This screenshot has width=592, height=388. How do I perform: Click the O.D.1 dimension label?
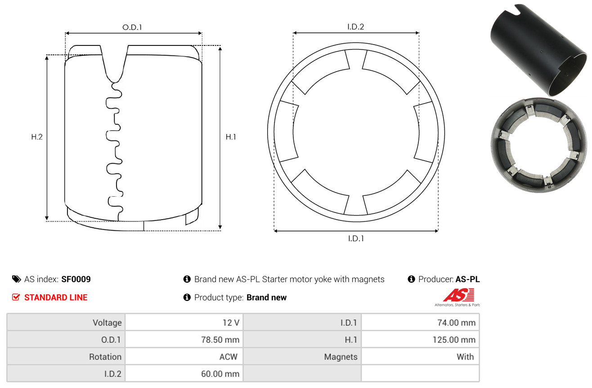click(132, 27)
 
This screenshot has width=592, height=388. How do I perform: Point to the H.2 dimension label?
click(37, 137)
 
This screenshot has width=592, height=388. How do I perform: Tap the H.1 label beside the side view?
click(231, 137)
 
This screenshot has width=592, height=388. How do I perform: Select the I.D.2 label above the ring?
click(355, 27)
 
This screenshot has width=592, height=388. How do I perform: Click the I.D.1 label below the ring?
click(356, 239)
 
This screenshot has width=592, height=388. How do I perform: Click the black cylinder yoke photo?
click(538, 50)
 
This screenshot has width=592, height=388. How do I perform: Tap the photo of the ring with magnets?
click(539, 145)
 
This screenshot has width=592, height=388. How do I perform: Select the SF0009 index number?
click(76, 279)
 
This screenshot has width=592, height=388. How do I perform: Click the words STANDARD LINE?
click(56, 298)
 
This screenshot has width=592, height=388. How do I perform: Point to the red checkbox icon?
click(16, 297)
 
